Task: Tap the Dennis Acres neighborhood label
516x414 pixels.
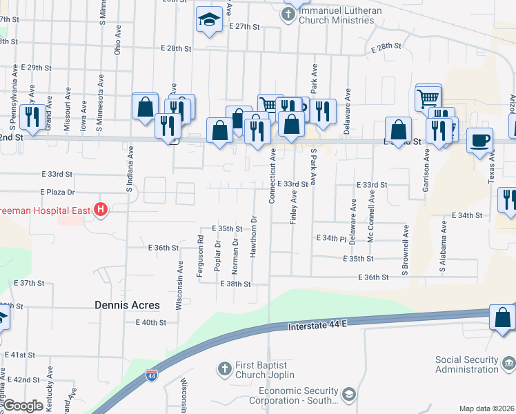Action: coord(127,304)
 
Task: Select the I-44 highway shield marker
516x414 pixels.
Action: coord(151,376)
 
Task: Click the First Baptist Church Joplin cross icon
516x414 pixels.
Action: coord(224,369)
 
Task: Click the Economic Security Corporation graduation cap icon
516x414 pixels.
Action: coord(349,394)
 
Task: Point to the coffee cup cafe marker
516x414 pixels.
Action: coord(480,141)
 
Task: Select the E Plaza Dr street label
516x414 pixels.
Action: coord(57,191)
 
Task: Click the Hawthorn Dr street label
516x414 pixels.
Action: coord(254,237)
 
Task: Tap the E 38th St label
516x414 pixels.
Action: coord(235,284)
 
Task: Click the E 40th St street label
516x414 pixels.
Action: coord(151,322)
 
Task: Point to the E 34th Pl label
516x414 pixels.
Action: coord(330,239)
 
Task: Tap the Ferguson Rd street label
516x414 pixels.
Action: coord(200,256)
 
